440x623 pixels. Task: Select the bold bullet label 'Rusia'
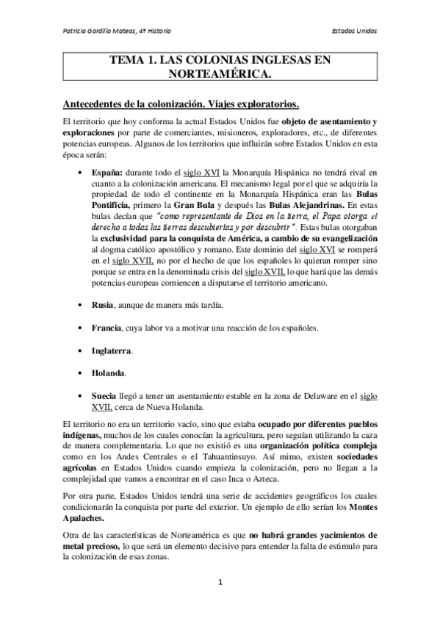click(102, 304)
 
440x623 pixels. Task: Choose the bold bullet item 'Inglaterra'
click(112, 350)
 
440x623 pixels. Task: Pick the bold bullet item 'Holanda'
click(108, 373)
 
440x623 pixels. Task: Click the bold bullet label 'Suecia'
click(104, 397)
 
